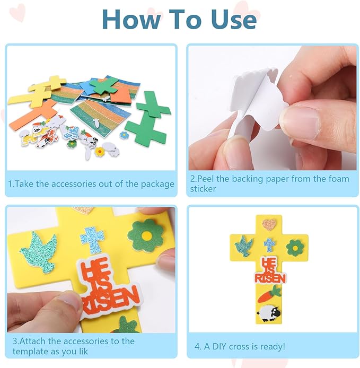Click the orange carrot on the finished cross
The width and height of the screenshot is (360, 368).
coord(269,294)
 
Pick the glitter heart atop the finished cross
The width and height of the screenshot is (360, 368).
coord(269,225)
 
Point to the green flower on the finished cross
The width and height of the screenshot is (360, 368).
coord(295,248)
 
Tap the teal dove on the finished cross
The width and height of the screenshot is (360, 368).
coord(244,246)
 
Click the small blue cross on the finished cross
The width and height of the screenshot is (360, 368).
coord(269,245)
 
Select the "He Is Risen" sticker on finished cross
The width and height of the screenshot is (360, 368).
coord(270,270)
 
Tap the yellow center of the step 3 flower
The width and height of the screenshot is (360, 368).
coord(146,235)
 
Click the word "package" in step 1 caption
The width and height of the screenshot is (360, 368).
coord(157,184)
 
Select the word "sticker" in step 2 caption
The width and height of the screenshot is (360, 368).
coord(203,189)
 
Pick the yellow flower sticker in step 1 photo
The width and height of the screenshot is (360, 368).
coord(100,152)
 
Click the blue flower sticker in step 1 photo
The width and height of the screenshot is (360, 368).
coord(124,135)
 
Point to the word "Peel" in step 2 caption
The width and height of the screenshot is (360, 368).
coord(206,179)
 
